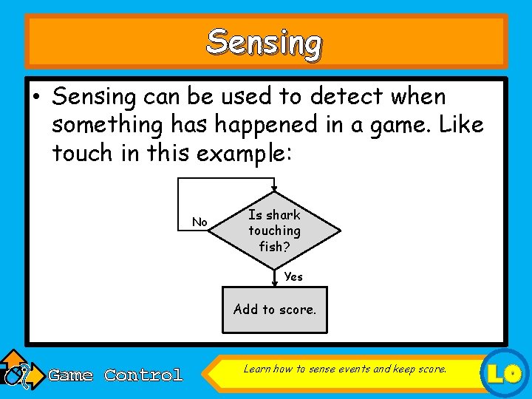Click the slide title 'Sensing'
[x=265, y=43]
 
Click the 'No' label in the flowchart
[x=199, y=222]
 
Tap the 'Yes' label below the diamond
[x=293, y=276]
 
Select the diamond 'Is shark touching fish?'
[x=275, y=231]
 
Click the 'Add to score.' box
[x=275, y=310]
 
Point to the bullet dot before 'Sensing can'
[x=37, y=98]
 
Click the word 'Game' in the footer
[x=70, y=375]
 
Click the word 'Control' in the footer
[x=143, y=375]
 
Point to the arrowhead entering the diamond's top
[x=274, y=190]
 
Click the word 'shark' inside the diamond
[x=283, y=215]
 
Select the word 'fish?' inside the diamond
[x=274, y=247]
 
